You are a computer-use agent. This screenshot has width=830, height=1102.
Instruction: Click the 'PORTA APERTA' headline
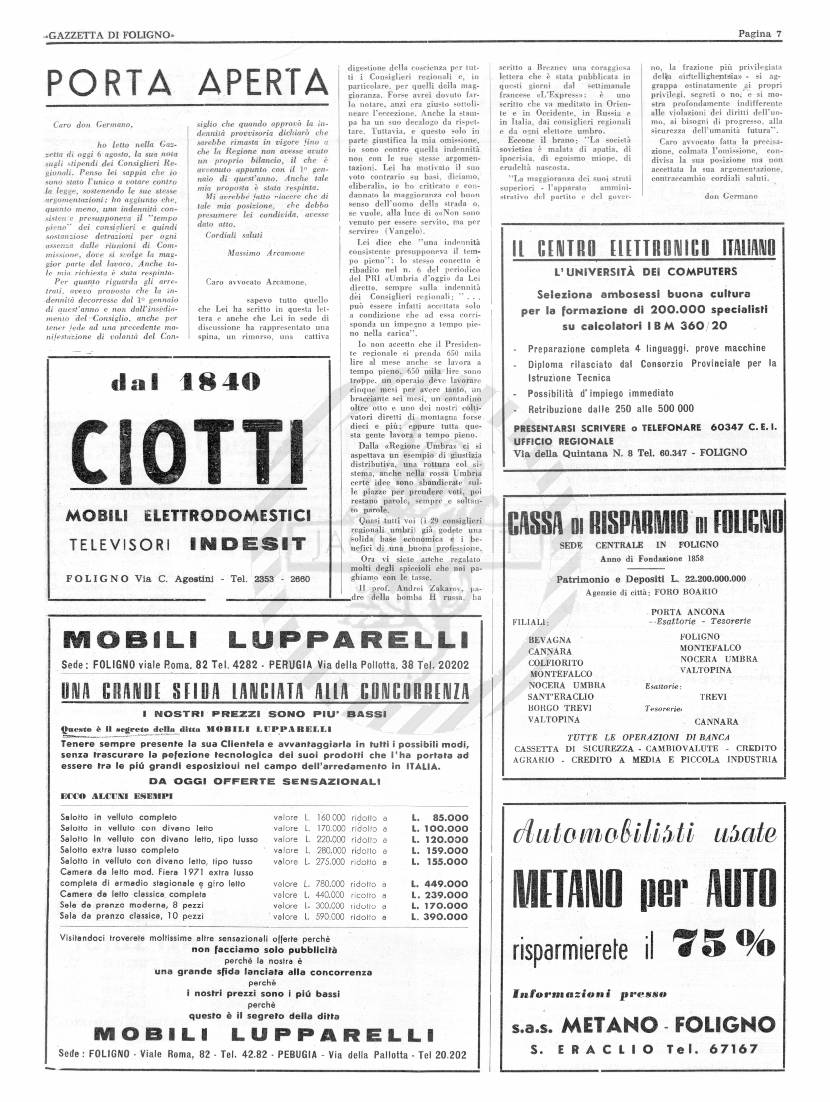[188, 83]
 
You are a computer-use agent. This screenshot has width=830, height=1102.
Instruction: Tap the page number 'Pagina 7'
[759, 34]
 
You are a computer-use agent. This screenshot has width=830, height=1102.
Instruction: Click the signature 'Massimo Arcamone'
[266, 253]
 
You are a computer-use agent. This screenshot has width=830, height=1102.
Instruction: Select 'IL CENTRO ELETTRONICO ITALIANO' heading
[644, 248]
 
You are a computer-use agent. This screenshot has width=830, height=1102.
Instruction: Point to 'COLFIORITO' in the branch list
[555, 663]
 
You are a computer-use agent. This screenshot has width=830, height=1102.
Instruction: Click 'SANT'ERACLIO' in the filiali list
[560, 696]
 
